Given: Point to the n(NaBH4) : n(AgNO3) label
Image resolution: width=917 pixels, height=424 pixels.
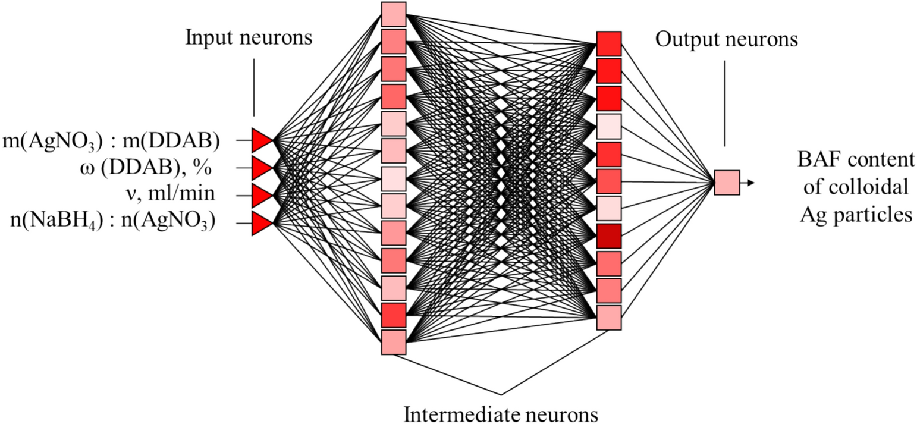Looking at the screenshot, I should coord(114,223).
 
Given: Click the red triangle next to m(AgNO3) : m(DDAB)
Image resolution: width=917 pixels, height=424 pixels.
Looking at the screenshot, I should coord(261,140).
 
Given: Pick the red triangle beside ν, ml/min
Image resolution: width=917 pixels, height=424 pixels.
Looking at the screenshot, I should coord(261,195).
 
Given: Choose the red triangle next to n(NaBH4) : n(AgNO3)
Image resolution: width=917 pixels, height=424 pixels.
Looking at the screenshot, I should coord(261,223).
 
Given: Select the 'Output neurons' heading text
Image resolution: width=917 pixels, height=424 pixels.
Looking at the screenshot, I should coord(726,40).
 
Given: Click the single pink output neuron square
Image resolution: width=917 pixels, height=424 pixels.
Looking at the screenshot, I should coord(727,183).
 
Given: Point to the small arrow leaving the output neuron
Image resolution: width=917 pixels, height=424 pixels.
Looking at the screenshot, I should coord(747,183).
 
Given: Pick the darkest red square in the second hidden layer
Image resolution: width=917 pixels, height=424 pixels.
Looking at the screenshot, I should coord(609,236).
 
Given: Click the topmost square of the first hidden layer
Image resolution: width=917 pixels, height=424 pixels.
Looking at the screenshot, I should coord(393,14).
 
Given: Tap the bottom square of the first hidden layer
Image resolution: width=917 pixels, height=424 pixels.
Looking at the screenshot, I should coord(393,343).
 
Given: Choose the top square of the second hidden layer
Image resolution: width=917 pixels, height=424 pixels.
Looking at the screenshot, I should coord(609,44).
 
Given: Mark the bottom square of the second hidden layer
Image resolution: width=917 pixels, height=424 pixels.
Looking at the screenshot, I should coord(609,318).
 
